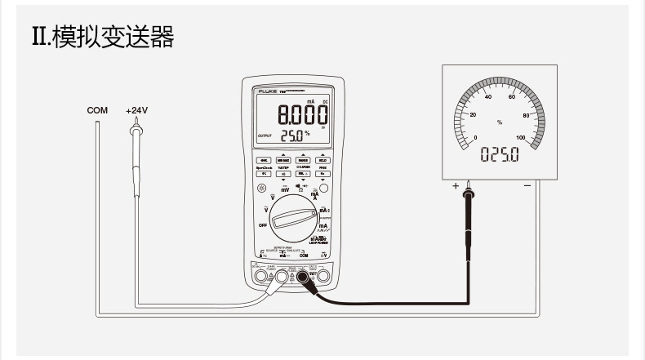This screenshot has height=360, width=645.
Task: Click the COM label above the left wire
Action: point(97,109)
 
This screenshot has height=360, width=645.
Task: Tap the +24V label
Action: point(136,109)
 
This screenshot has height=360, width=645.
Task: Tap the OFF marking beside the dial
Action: point(263,224)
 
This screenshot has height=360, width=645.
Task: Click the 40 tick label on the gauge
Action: point(489,97)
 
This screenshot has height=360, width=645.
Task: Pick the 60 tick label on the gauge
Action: point(512,97)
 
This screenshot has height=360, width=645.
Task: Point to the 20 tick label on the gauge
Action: point(473,114)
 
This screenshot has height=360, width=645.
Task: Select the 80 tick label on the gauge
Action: point(527,115)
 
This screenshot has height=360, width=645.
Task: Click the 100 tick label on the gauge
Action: point(522,137)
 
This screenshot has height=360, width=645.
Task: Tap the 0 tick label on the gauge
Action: point(476,137)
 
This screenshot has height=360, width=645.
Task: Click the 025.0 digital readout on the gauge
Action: point(499,154)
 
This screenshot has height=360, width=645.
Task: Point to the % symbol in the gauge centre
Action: point(500,122)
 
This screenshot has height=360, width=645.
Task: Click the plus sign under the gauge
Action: point(456,186)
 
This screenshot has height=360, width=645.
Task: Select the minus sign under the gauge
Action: point(527,186)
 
